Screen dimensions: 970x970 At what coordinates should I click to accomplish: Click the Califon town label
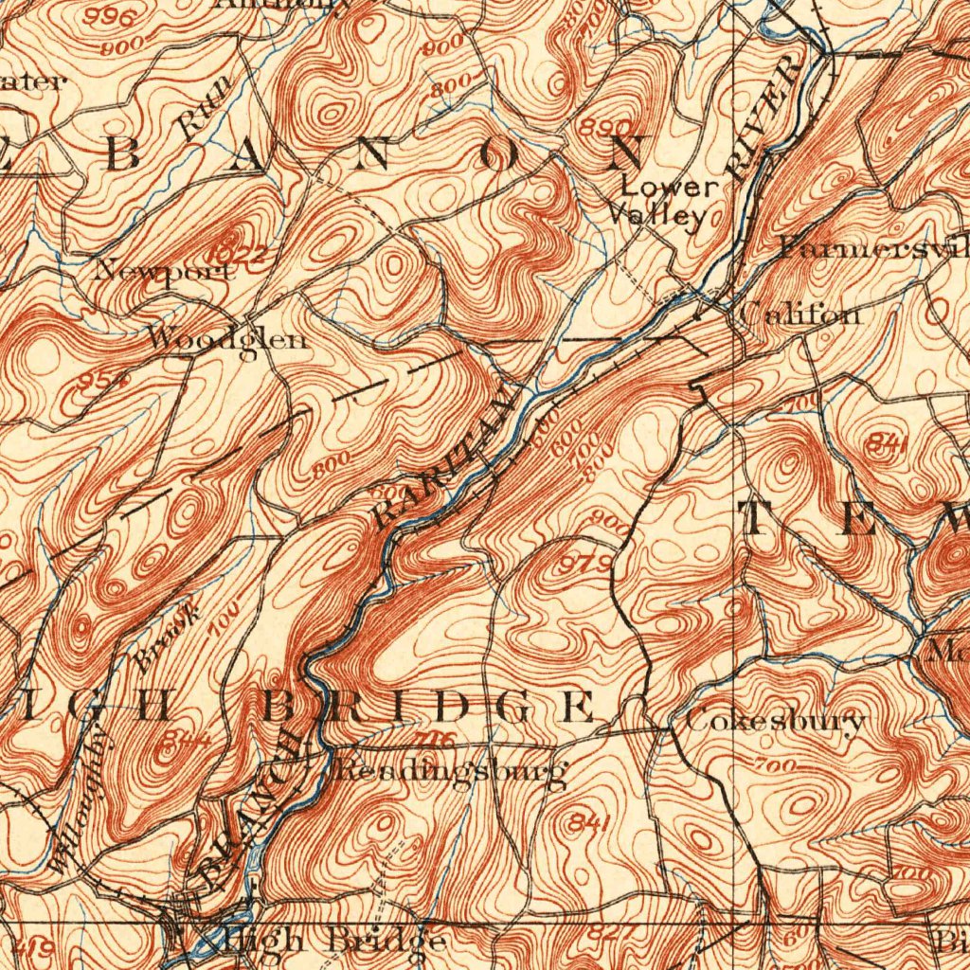coord(800,313)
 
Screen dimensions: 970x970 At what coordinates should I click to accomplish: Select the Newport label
coord(163,271)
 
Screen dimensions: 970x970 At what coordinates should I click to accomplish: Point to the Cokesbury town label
coord(774,721)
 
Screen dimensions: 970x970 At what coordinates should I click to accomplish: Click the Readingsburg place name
coord(449,771)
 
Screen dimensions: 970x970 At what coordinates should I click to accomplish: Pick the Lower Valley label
coord(663,202)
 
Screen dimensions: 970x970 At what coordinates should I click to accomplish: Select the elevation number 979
coord(585,566)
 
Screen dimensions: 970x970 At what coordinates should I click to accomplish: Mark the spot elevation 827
coord(603,933)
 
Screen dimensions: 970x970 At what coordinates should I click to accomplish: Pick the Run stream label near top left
coord(201,113)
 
